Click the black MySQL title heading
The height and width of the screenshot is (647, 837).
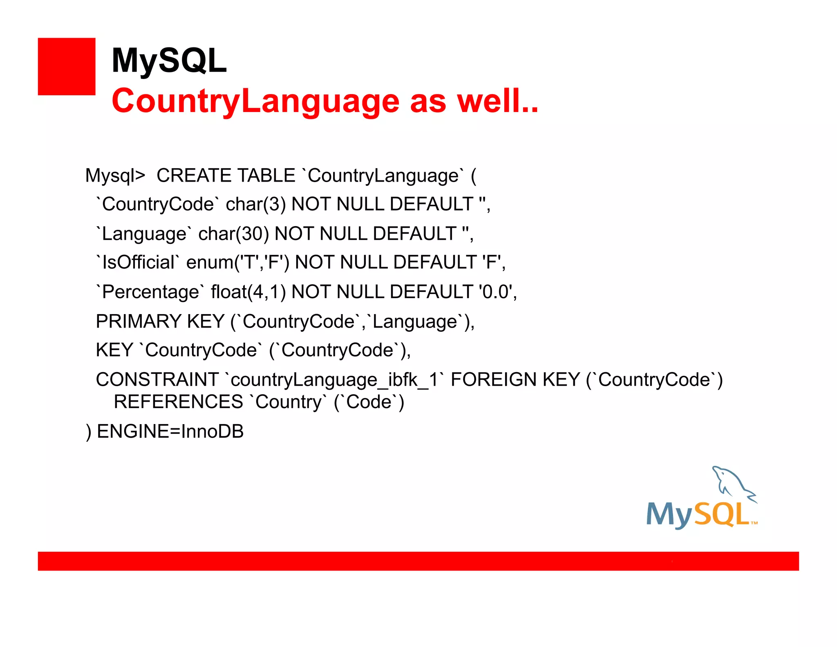[x=169, y=61]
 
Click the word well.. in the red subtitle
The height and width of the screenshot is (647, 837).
[x=497, y=101]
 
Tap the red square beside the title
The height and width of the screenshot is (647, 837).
[x=67, y=67]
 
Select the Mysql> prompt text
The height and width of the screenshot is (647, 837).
[x=115, y=176]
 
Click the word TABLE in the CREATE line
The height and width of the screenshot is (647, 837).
[x=266, y=176]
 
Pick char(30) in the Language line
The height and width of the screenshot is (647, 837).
[x=233, y=234]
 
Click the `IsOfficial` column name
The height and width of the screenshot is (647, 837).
[x=138, y=263]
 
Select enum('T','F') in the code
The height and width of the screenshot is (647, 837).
[x=237, y=263]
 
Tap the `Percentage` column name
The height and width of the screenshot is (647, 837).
[x=150, y=292]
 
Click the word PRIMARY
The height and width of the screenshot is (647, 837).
[x=138, y=321]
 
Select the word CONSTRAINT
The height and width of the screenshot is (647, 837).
[x=157, y=380]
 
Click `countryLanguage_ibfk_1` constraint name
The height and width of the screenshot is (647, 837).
[x=334, y=380]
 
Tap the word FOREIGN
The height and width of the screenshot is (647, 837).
[x=493, y=380]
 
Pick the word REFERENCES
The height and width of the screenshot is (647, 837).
[x=178, y=402]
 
